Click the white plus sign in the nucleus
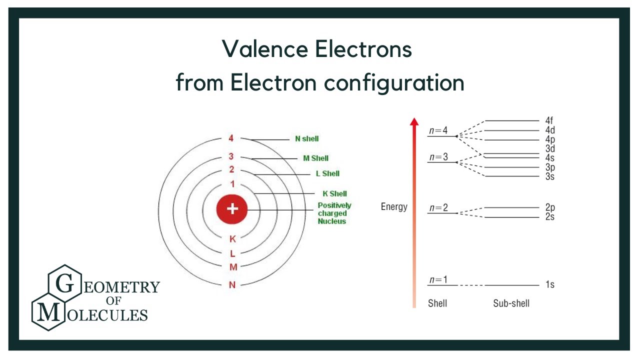pos(231,208)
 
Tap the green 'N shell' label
pos(307,138)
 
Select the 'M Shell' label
pos(316,158)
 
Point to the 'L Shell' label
pos(327,173)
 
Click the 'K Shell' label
pos(334,193)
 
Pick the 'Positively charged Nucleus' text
pos(334,213)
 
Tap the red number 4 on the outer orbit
pos(231,138)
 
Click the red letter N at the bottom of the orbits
pos(232,285)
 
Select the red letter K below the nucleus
pos(232,238)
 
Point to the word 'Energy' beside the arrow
pos(394,206)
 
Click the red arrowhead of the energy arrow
pos(413,122)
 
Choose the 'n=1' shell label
pos(438,279)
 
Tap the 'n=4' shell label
pos(438,131)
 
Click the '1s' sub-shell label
pos(549,285)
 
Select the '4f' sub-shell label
pos(549,120)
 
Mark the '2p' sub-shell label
pos(550,207)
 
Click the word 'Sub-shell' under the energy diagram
pos(511,303)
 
